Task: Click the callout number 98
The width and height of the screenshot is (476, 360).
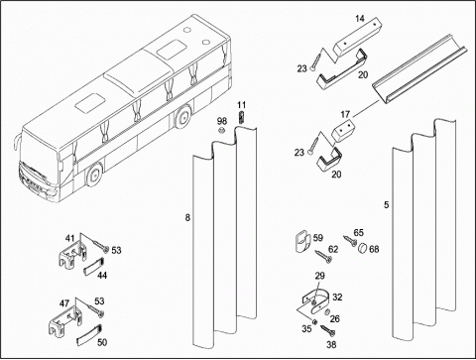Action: point(222,121)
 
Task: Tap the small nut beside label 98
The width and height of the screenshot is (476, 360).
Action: point(222,130)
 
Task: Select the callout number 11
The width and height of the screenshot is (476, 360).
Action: point(242,105)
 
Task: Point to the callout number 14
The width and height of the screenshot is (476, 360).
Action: point(360,19)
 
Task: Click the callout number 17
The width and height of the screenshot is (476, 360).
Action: point(345,114)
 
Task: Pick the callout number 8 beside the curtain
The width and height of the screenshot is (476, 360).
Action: point(187,217)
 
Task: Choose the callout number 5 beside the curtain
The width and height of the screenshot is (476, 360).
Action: point(387,205)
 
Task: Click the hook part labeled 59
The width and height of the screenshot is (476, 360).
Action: point(302,243)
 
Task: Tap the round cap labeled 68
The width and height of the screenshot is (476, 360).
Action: point(363,247)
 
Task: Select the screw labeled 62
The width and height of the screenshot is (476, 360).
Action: point(324,256)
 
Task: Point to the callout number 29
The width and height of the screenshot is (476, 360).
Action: point(319,276)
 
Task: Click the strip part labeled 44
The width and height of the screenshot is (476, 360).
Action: point(93,266)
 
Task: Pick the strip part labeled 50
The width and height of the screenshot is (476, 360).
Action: point(89,335)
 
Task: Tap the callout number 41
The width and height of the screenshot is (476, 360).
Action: point(69,238)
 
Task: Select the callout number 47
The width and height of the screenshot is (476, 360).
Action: point(64,303)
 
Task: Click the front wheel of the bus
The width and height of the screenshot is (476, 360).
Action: point(94,175)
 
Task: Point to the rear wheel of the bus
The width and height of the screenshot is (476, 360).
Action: point(181,116)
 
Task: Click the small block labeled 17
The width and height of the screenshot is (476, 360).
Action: point(343,131)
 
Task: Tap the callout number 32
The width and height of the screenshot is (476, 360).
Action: point(337,298)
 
